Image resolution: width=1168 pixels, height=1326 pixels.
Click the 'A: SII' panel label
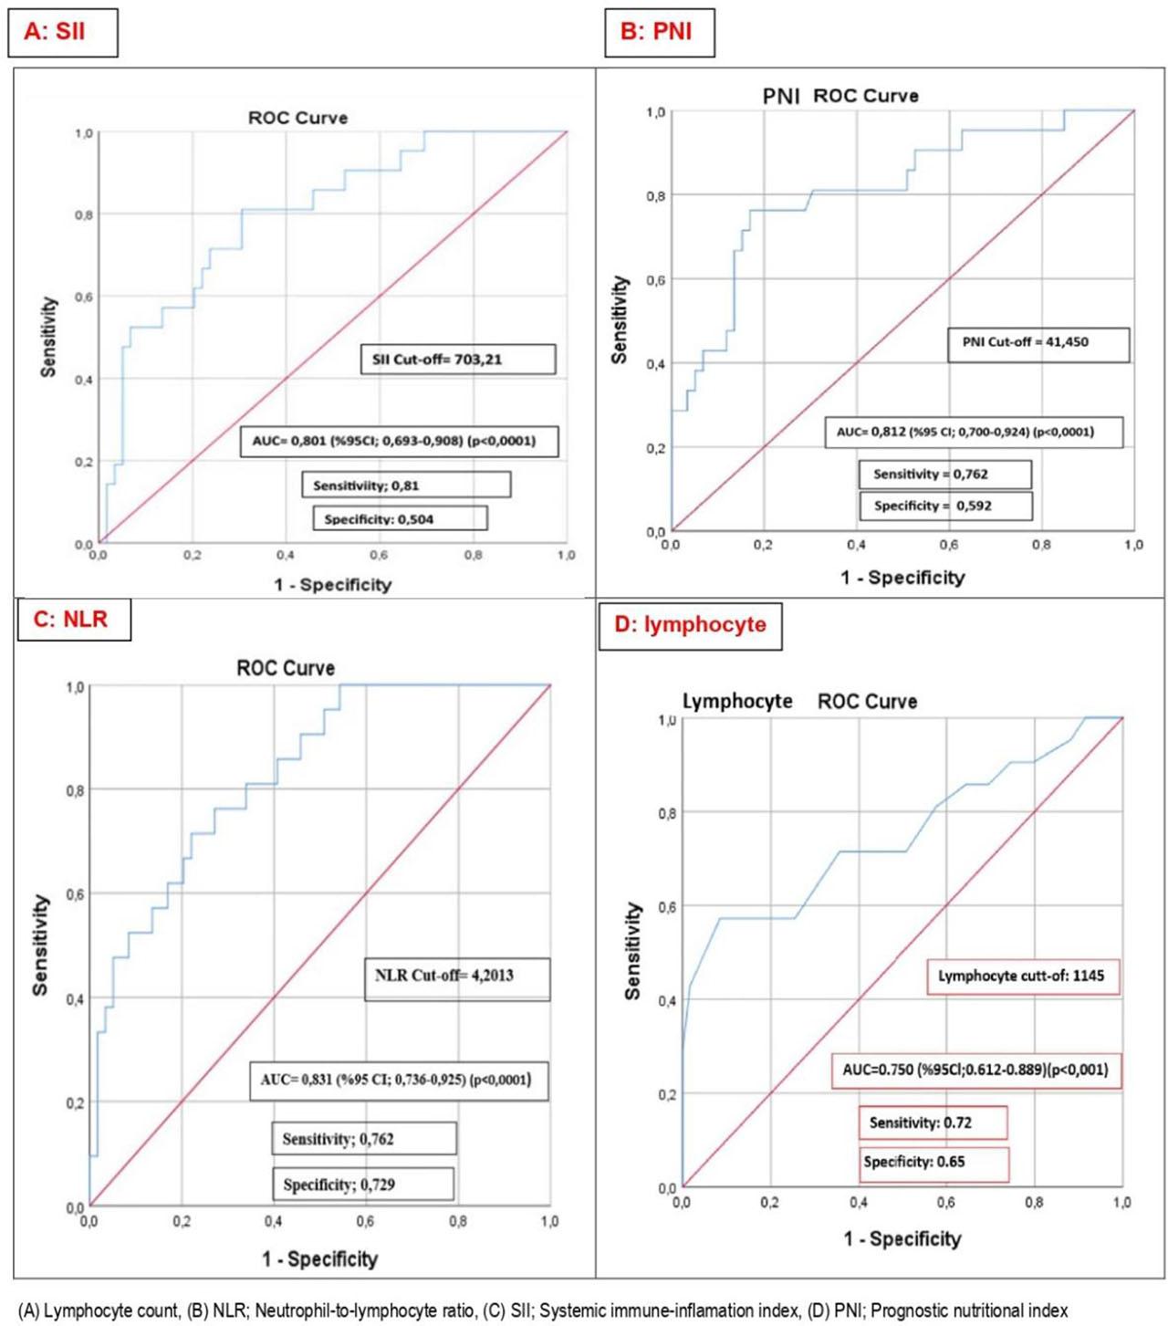coord(62,32)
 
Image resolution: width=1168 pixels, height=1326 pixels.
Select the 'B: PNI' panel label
coord(659,32)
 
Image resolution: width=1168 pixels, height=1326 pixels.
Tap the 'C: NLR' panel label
coord(73,620)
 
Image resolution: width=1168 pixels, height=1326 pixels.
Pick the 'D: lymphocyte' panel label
coord(690,625)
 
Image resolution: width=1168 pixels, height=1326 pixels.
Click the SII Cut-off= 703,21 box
coord(458,359)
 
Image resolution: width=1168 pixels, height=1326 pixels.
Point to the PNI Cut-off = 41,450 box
coord(1038,344)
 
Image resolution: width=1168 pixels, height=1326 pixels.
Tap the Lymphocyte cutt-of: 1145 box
coord(1023,976)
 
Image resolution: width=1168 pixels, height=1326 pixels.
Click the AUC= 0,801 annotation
coord(399,441)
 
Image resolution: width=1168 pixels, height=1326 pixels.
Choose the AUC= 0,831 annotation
coord(399,1080)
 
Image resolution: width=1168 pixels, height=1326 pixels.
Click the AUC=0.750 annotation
coord(975,1070)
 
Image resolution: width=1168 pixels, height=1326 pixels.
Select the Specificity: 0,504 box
coord(400,519)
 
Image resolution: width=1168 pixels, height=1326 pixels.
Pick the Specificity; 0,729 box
coord(362,1185)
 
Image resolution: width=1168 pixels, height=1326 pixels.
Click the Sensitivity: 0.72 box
coord(933,1122)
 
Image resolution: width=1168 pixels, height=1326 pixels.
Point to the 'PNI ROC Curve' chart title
coord(840,96)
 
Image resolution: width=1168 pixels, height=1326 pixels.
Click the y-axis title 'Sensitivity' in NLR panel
coord(40,944)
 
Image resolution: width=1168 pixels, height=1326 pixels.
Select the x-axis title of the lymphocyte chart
coord(902,1238)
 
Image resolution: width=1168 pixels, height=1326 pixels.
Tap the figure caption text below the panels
coord(542,1310)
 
